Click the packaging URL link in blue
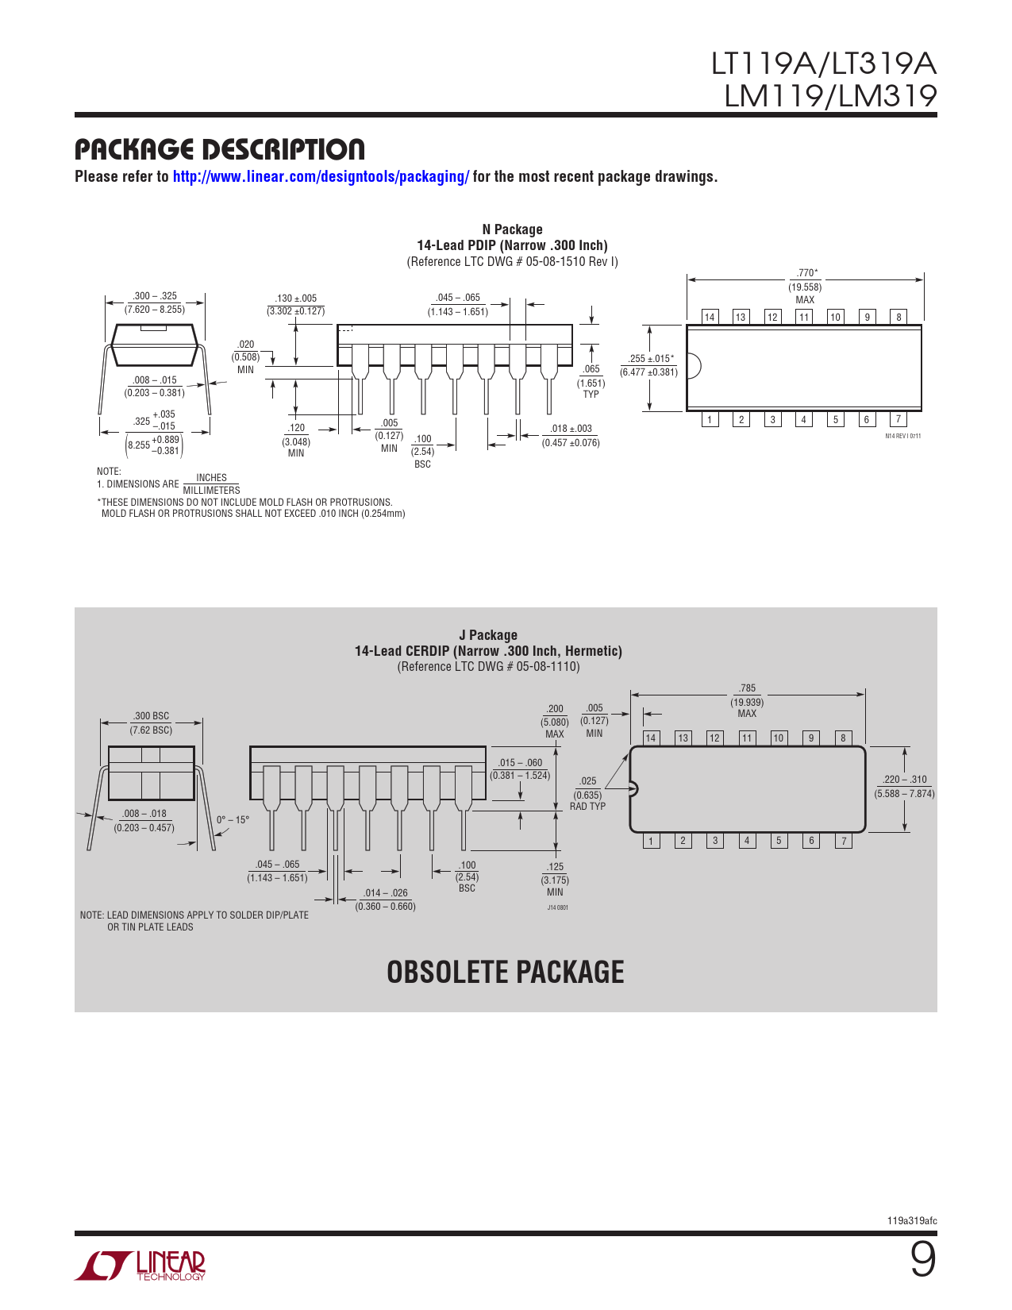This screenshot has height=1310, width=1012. tap(321, 176)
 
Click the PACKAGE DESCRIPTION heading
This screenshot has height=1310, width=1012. tap(219, 149)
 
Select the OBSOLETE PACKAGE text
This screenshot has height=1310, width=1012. tap(505, 972)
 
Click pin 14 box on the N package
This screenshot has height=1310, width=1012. tap(710, 317)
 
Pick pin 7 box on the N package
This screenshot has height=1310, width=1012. tap(898, 419)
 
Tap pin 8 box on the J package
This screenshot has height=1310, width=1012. tap(843, 738)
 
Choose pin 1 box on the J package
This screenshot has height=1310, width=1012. tap(650, 840)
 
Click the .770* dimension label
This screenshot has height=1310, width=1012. tap(806, 273)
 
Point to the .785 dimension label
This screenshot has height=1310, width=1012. tap(747, 688)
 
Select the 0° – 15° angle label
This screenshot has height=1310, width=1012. tap(233, 820)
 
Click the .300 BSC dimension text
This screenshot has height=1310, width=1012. tap(152, 715)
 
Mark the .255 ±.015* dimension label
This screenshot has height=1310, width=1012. tap(650, 358)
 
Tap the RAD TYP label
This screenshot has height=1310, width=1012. tap(587, 806)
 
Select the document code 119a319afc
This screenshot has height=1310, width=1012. tap(912, 1221)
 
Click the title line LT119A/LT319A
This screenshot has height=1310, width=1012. tap(824, 64)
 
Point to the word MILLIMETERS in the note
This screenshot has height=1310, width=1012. tap(211, 490)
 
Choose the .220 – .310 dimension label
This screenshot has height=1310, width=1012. tap(904, 780)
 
